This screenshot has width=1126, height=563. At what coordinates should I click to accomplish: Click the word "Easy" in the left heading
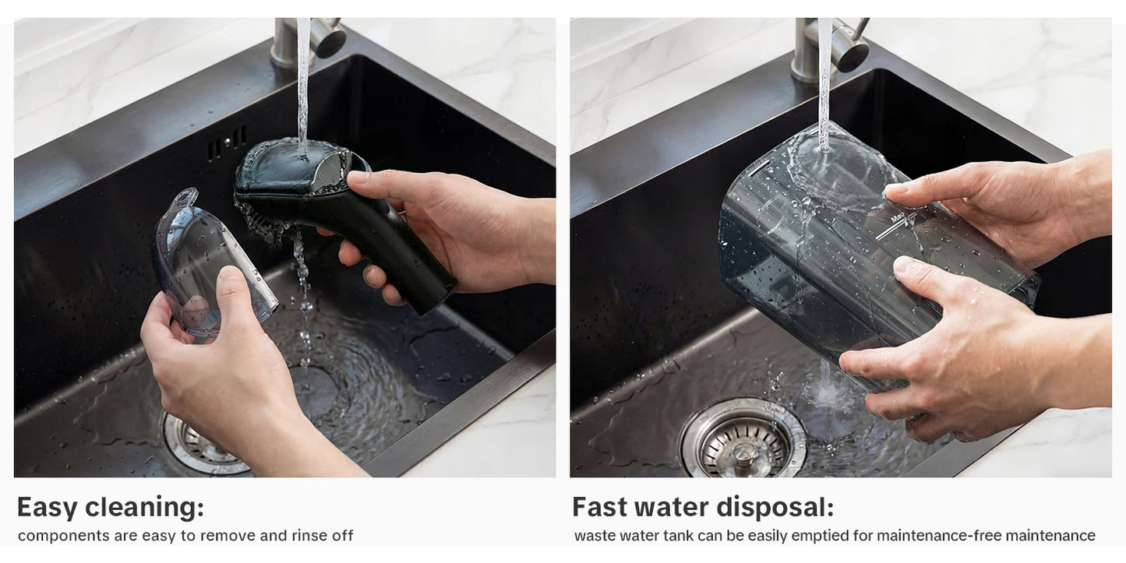click(46, 508)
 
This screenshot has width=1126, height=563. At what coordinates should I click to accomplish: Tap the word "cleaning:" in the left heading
click(145, 507)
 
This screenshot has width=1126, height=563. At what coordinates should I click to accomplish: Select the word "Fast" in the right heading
click(598, 507)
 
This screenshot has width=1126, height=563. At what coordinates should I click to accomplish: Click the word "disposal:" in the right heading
click(775, 508)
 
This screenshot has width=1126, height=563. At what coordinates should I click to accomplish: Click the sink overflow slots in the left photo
click(228, 143)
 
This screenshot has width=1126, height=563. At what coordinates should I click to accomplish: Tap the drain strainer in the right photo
click(743, 439)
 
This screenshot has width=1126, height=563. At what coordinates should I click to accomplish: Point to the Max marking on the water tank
click(898, 217)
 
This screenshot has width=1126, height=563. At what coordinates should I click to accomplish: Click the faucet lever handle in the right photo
click(852, 44)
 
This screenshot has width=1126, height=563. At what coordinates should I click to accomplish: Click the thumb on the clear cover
click(235, 297)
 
